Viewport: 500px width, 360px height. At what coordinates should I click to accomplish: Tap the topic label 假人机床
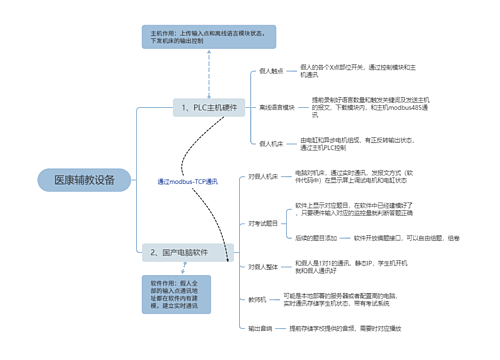[x=272, y=144]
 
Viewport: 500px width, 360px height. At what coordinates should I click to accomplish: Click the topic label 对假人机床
[x=263, y=177]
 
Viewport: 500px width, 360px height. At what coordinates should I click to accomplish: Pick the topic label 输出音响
[x=260, y=328]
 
